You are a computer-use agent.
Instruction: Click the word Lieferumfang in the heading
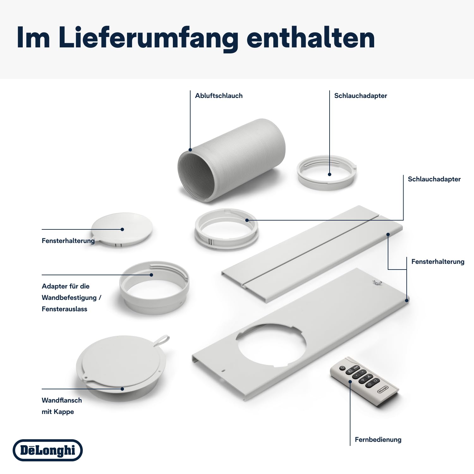click(148, 38)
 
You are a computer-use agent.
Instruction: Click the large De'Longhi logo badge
click(48, 450)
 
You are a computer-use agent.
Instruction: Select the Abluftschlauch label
click(219, 96)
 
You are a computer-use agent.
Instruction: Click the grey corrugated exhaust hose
click(231, 160)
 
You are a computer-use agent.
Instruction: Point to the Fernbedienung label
click(378, 440)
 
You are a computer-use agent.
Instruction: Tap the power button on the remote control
click(342, 368)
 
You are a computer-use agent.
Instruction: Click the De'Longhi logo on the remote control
click(383, 390)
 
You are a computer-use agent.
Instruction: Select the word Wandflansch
click(62, 400)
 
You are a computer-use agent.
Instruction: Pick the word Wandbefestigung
click(69, 298)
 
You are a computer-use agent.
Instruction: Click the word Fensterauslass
click(64, 309)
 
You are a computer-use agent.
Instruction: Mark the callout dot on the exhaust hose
click(190, 150)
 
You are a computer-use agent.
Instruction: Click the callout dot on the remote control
click(350, 381)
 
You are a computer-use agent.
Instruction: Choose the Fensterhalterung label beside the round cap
click(68, 241)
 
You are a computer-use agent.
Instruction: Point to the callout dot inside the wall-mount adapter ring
click(151, 275)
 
